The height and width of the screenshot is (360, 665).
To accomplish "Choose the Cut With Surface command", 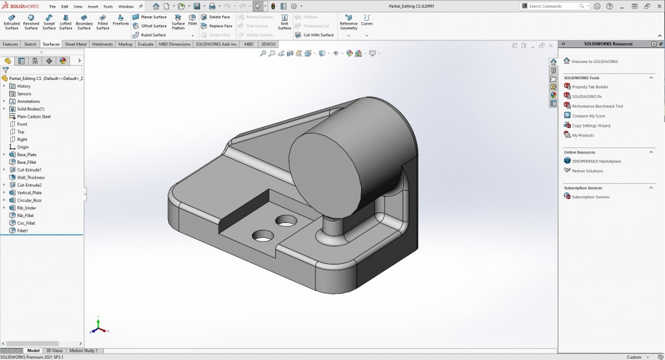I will (x=315, y=35).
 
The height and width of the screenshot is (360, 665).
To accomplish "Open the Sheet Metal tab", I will (x=76, y=44).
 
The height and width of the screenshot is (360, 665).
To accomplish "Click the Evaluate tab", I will (x=145, y=44).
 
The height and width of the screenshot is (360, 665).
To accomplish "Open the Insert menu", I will (x=93, y=6).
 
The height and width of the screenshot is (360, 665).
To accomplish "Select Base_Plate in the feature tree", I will (x=27, y=155).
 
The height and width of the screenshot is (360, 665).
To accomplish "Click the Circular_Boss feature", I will (x=29, y=200).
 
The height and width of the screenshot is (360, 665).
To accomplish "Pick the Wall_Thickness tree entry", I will (x=31, y=177).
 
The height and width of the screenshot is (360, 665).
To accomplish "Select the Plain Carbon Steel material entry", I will (x=33, y=117).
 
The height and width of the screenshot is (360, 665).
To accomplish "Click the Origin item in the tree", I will (x=23, y=147).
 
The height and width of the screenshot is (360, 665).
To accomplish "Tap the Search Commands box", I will (x=555, y=6).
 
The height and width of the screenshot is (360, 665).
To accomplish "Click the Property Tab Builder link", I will (x=590, y=87).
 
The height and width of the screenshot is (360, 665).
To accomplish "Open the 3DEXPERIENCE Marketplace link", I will (x=596, y=161).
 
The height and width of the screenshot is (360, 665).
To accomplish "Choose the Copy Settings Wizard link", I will (x=591, y=125).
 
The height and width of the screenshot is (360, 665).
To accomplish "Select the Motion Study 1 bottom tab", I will (x=83, y=351).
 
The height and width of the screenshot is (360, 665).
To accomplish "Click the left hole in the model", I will (x=262, y=235).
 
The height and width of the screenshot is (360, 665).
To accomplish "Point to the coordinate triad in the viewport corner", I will (x=97, y=325).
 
